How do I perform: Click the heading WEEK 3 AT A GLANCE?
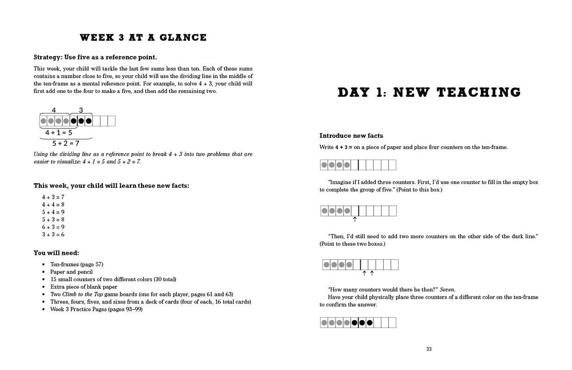[x=143, y=37]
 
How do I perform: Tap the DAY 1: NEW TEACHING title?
[x=429, y=92]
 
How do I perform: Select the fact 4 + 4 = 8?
[x=53, y=204]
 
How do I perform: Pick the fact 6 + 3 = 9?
[x=53, y=227]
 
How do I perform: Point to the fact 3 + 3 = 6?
[x=53, y=234]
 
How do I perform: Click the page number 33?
[x=429, y=349]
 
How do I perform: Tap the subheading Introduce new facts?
[x=351, y=136]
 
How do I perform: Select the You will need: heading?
[x=56, y=253]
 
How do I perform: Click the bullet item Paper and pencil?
[x=72, y=272]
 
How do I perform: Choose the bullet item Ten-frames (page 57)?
[x=77, y=265]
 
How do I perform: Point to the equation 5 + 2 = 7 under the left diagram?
[x=66, y=143]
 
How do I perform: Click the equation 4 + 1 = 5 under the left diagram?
[x=59, y=132]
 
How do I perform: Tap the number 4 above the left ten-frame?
[x=54, y=110]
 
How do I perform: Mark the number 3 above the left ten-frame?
[x=81, y=110]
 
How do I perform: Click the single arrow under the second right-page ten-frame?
[x=355, y=219]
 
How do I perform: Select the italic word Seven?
[x=447, y=290]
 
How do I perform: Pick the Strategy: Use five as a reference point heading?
[x=95, y=57]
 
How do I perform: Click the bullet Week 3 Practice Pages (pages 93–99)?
[x=96, y=309]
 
